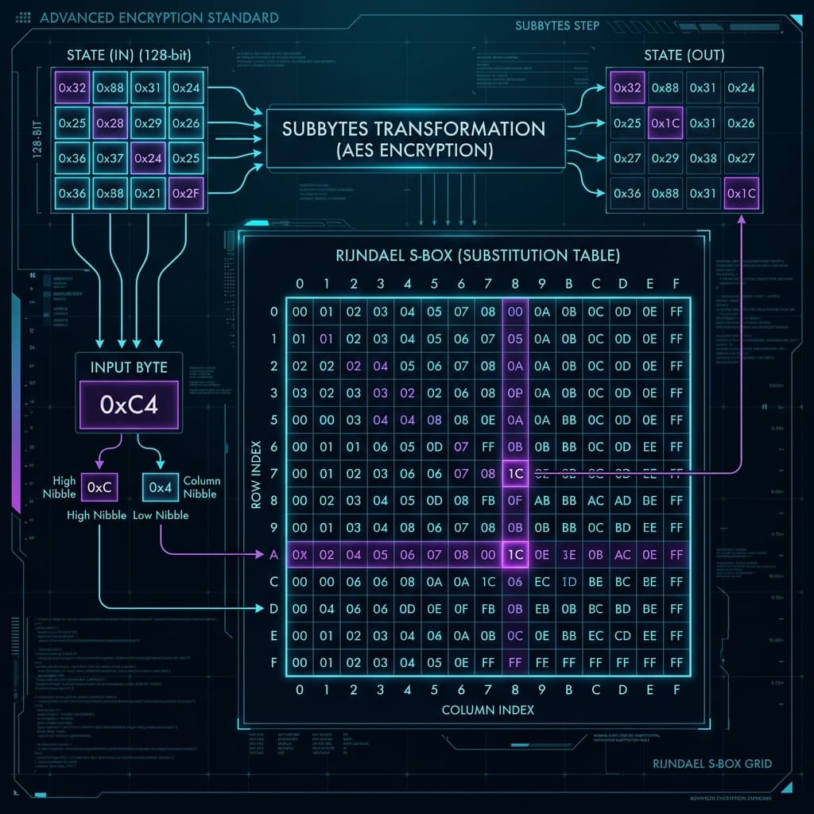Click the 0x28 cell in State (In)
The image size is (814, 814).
pos(110,123)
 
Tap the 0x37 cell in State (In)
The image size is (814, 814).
pos(110,159)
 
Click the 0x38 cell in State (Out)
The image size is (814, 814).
pos(703,158)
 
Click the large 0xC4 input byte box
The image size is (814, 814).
pos(129,404)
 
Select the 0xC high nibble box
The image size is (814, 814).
pos(99,486)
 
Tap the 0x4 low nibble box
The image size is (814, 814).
pos(161,486)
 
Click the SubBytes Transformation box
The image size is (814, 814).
pos(416,138)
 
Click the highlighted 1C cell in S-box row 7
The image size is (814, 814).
pos(515,474)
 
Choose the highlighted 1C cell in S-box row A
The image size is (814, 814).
pos(515,555)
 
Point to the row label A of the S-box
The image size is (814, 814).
pos(274,555)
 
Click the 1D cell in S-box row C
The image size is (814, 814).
pos(569,582)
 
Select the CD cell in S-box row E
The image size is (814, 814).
pos(623,635)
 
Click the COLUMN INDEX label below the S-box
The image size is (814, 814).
pos(487,709)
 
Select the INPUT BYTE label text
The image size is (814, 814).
pos(129,367)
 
